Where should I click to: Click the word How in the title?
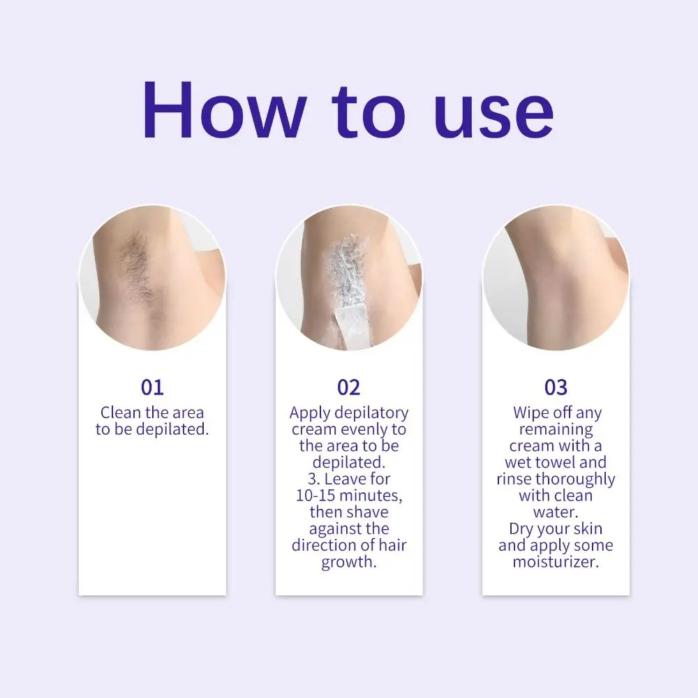223,111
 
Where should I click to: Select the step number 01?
152,387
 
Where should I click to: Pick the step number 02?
348,387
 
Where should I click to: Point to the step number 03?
556,387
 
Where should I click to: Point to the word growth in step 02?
348,563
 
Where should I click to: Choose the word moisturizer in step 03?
556,562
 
